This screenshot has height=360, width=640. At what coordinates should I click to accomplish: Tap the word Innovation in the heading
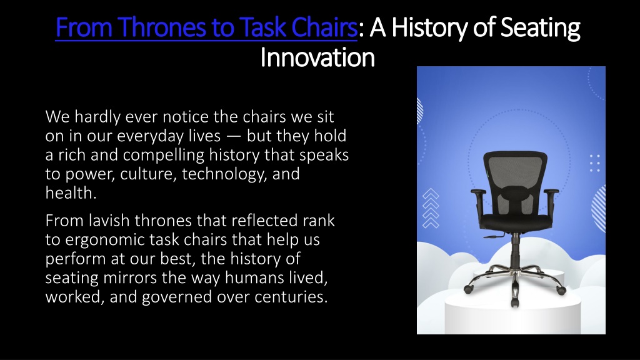(x=317, y=57)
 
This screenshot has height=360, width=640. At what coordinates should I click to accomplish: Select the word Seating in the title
(x=540, y=27)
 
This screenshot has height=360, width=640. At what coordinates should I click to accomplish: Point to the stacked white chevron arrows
(x=431, y=208)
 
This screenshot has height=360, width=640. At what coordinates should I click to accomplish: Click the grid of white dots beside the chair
(x=595, y=163)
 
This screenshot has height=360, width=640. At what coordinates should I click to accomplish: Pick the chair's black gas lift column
(x=515, y=251)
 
